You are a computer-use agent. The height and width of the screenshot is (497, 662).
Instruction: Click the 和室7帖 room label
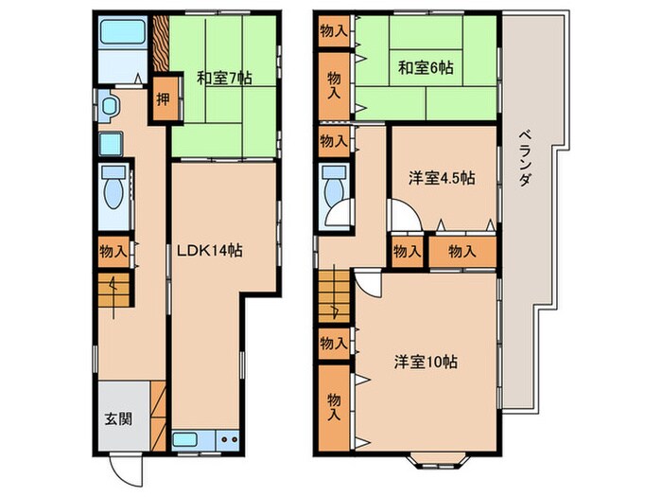pyautogui.click(x=224, y=80)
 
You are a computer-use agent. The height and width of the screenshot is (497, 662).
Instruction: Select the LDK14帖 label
pyautogui.click(x=211, y=251)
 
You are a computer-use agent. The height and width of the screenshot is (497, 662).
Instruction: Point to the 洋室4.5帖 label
pyautogui.click(x=442, y=178)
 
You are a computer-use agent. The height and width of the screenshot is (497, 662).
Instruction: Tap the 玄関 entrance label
pyautogui.click(x=118, y=418)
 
